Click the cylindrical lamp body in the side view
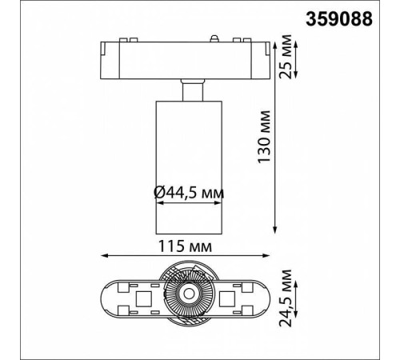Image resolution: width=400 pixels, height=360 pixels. tap(187, 160)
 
